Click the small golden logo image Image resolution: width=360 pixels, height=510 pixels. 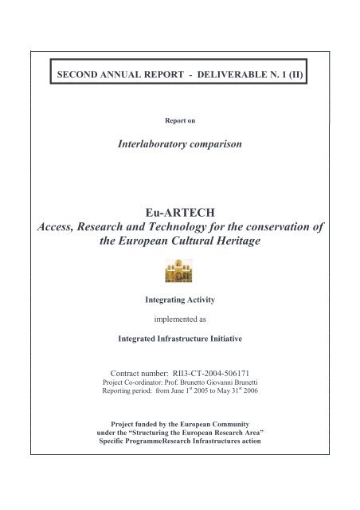[x=180, y=273]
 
